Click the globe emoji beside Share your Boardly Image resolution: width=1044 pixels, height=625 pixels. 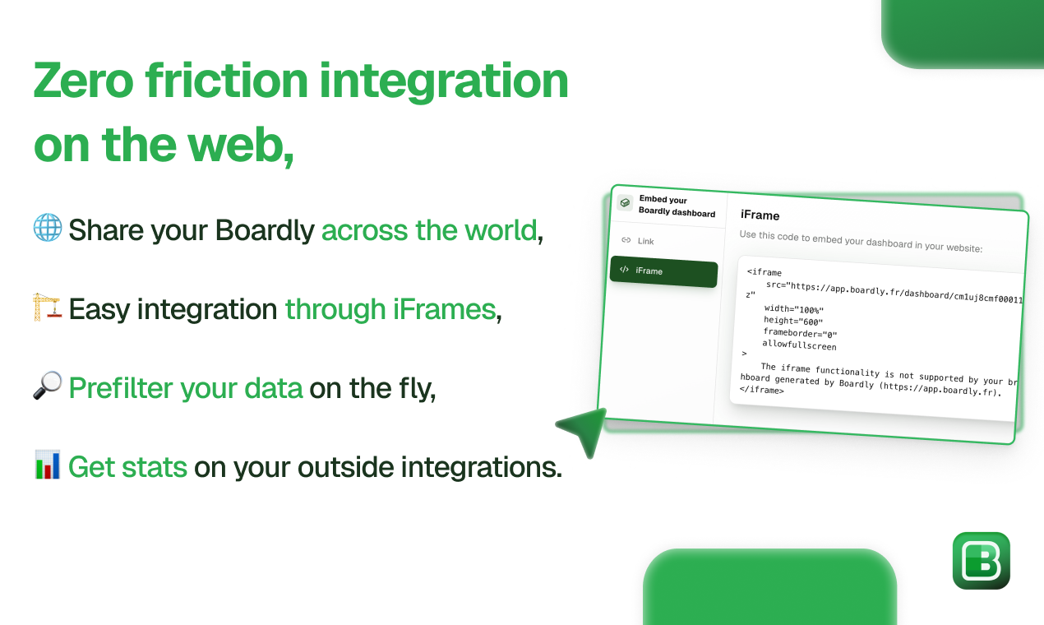[x=48, y=228]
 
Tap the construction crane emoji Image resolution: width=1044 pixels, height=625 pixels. [x=47, y=307]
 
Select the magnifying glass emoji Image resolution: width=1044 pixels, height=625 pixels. [x=47, y=385]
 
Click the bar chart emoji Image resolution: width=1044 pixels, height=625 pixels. [x=47, y=465]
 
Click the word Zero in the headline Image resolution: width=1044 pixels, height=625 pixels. [x=84, y=81]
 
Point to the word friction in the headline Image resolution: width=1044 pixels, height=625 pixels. [x=227, y=81]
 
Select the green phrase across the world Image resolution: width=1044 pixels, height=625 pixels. [x=429, y=230]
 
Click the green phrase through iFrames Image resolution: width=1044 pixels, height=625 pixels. [x=390, y=309]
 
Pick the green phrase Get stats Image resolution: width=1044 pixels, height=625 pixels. [x=127, y=466]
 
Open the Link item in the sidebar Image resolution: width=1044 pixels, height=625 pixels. [x=645, y=241]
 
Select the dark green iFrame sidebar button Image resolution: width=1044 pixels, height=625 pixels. [x=663, y=271]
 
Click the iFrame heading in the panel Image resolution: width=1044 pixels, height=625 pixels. [x=760, y=215]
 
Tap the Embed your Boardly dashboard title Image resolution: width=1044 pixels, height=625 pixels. [x=677, y=206]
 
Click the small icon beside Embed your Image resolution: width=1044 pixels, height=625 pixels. [x=625, y=203]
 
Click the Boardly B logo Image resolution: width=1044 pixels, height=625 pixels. [x=981, y=561]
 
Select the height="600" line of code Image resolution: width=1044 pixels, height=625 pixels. [x=792, y=321]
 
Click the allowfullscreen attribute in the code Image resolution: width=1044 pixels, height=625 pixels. [x=799, y=345]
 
